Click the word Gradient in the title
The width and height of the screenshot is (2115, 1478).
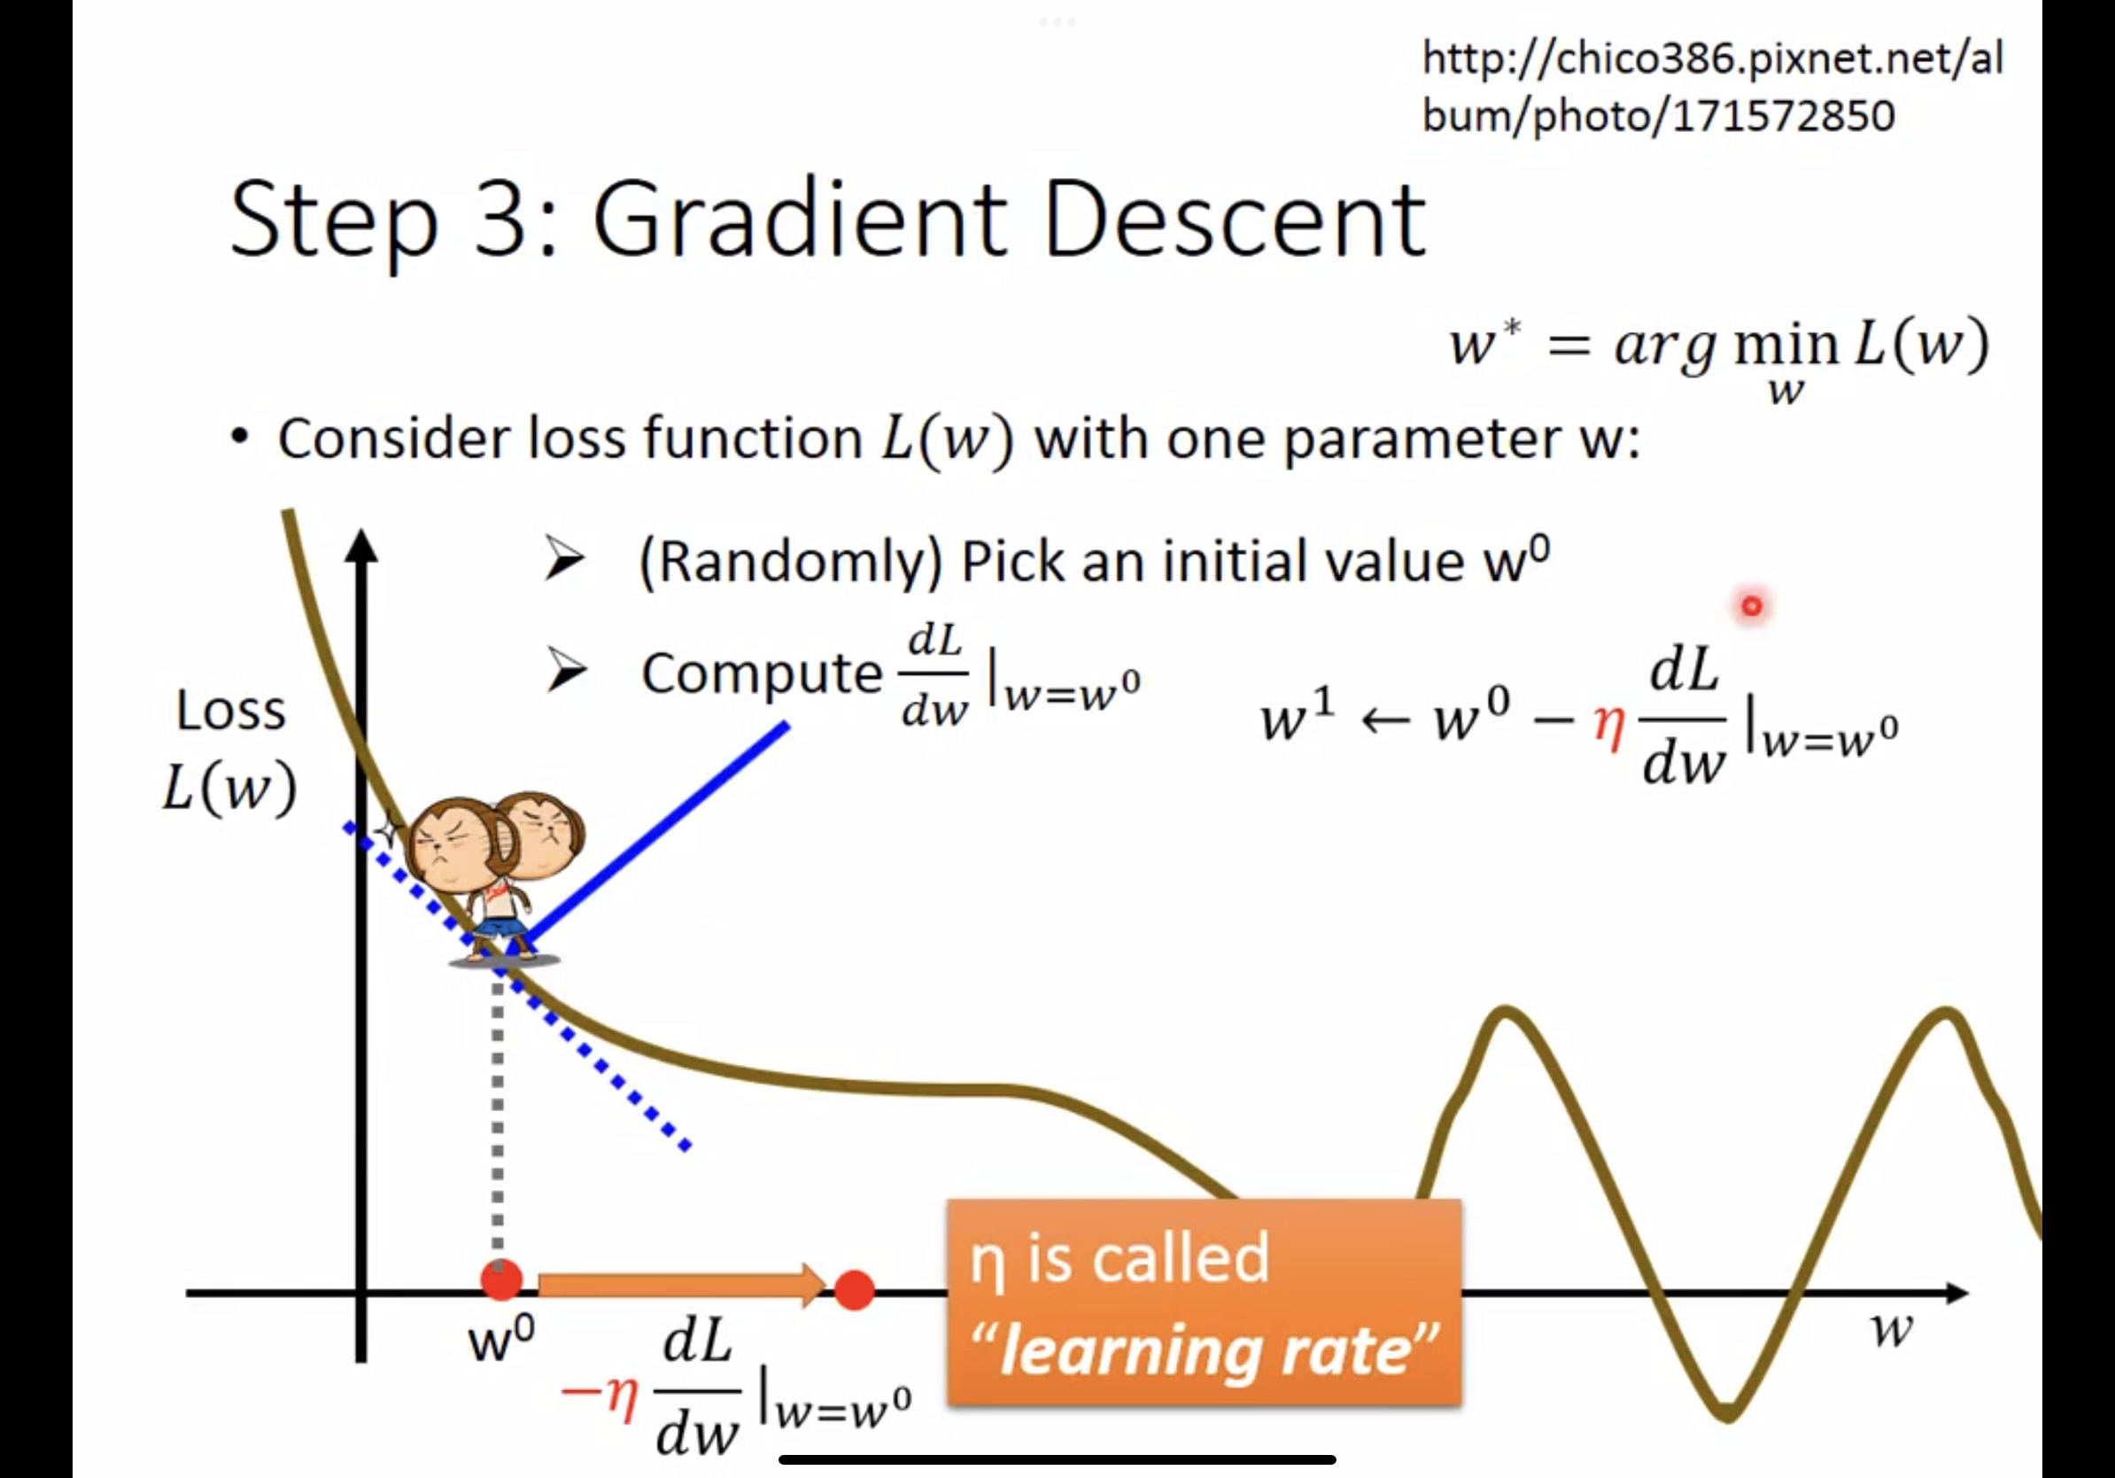pos(800,218)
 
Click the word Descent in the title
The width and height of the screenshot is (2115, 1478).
pos(1236,218)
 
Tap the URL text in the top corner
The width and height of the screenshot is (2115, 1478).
pos(1712,87)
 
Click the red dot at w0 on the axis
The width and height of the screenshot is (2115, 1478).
pos(501,1280)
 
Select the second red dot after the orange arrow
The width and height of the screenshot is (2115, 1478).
pos(854,1290)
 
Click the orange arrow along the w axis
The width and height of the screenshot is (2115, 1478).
pos(682,1285)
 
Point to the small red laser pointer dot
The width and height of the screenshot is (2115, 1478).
pos(1751,605)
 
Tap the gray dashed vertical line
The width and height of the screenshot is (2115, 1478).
pos(498,1119)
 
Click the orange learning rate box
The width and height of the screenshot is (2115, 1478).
pos(1204,1302)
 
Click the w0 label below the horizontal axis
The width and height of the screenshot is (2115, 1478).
pos(501,1339)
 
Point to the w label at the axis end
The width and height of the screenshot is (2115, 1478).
pos(1892,1331)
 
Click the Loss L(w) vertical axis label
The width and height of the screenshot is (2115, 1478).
pos(229,749)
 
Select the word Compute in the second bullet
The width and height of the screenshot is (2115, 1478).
pos(762,673)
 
